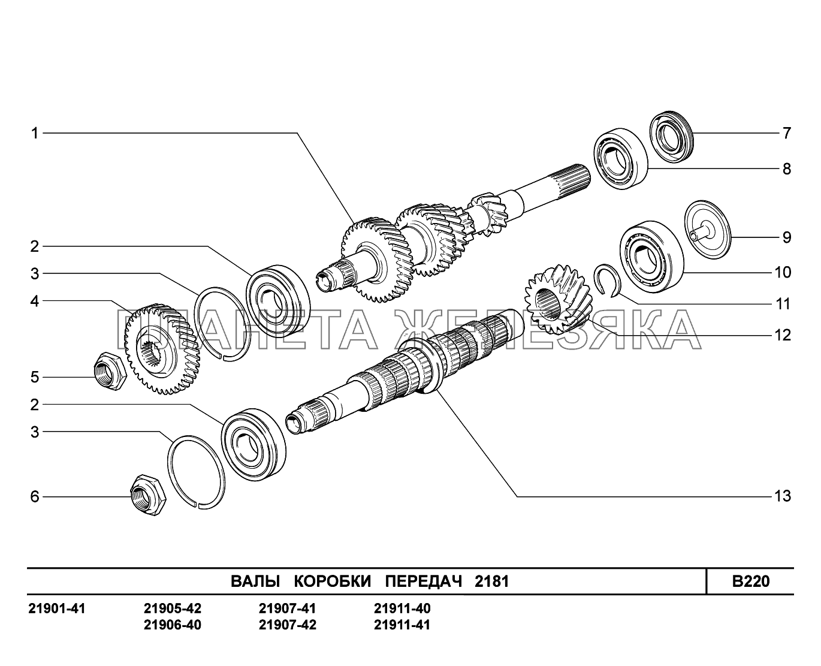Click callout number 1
[35, 132]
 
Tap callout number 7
[787, 133]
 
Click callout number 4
[35, 301]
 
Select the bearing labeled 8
[622, 159]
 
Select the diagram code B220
[750, 581]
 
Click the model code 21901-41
[57, 609]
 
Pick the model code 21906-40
[173, 625]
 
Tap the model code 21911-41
[402, 625]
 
